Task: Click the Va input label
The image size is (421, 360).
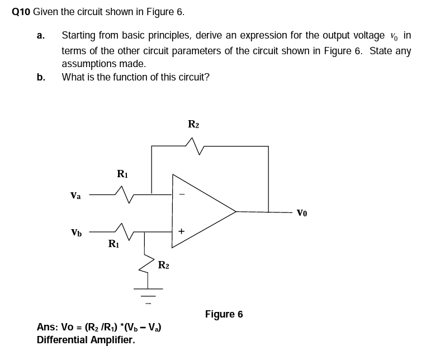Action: pyautogui.click(x=75, y=196)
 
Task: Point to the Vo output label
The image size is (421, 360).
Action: pyautogui.click(x=302, y=212)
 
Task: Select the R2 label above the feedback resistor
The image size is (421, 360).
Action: pyautogui.click(x=193, y=124)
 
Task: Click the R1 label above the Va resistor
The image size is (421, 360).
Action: pyautogui.click(x=123, y=174)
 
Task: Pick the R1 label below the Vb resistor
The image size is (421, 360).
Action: pyautogui.click(x=114, y=244)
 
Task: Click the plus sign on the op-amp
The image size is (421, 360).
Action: pyautogui.click(x=181, y=230)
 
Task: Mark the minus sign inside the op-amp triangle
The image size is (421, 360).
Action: pyautogui.click(x=181, y=195)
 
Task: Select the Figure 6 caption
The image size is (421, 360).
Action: pyautogui.click(x=224, y=314)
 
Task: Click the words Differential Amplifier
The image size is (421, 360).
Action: pyautogui.click(x=86, y=339)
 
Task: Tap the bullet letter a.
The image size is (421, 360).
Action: pyautogui.click(x=40, y=36)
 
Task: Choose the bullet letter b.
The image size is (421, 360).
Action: pyautogui.click(x=40, y=77)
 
